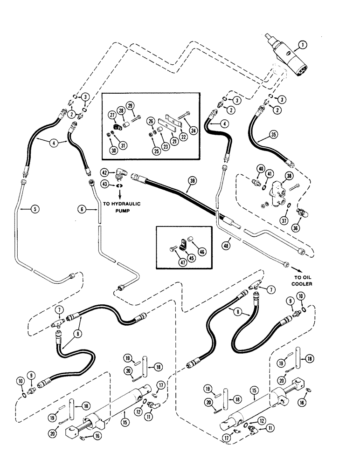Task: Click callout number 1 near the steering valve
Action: pos(303,45)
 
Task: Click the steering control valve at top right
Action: pos(285,56)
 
